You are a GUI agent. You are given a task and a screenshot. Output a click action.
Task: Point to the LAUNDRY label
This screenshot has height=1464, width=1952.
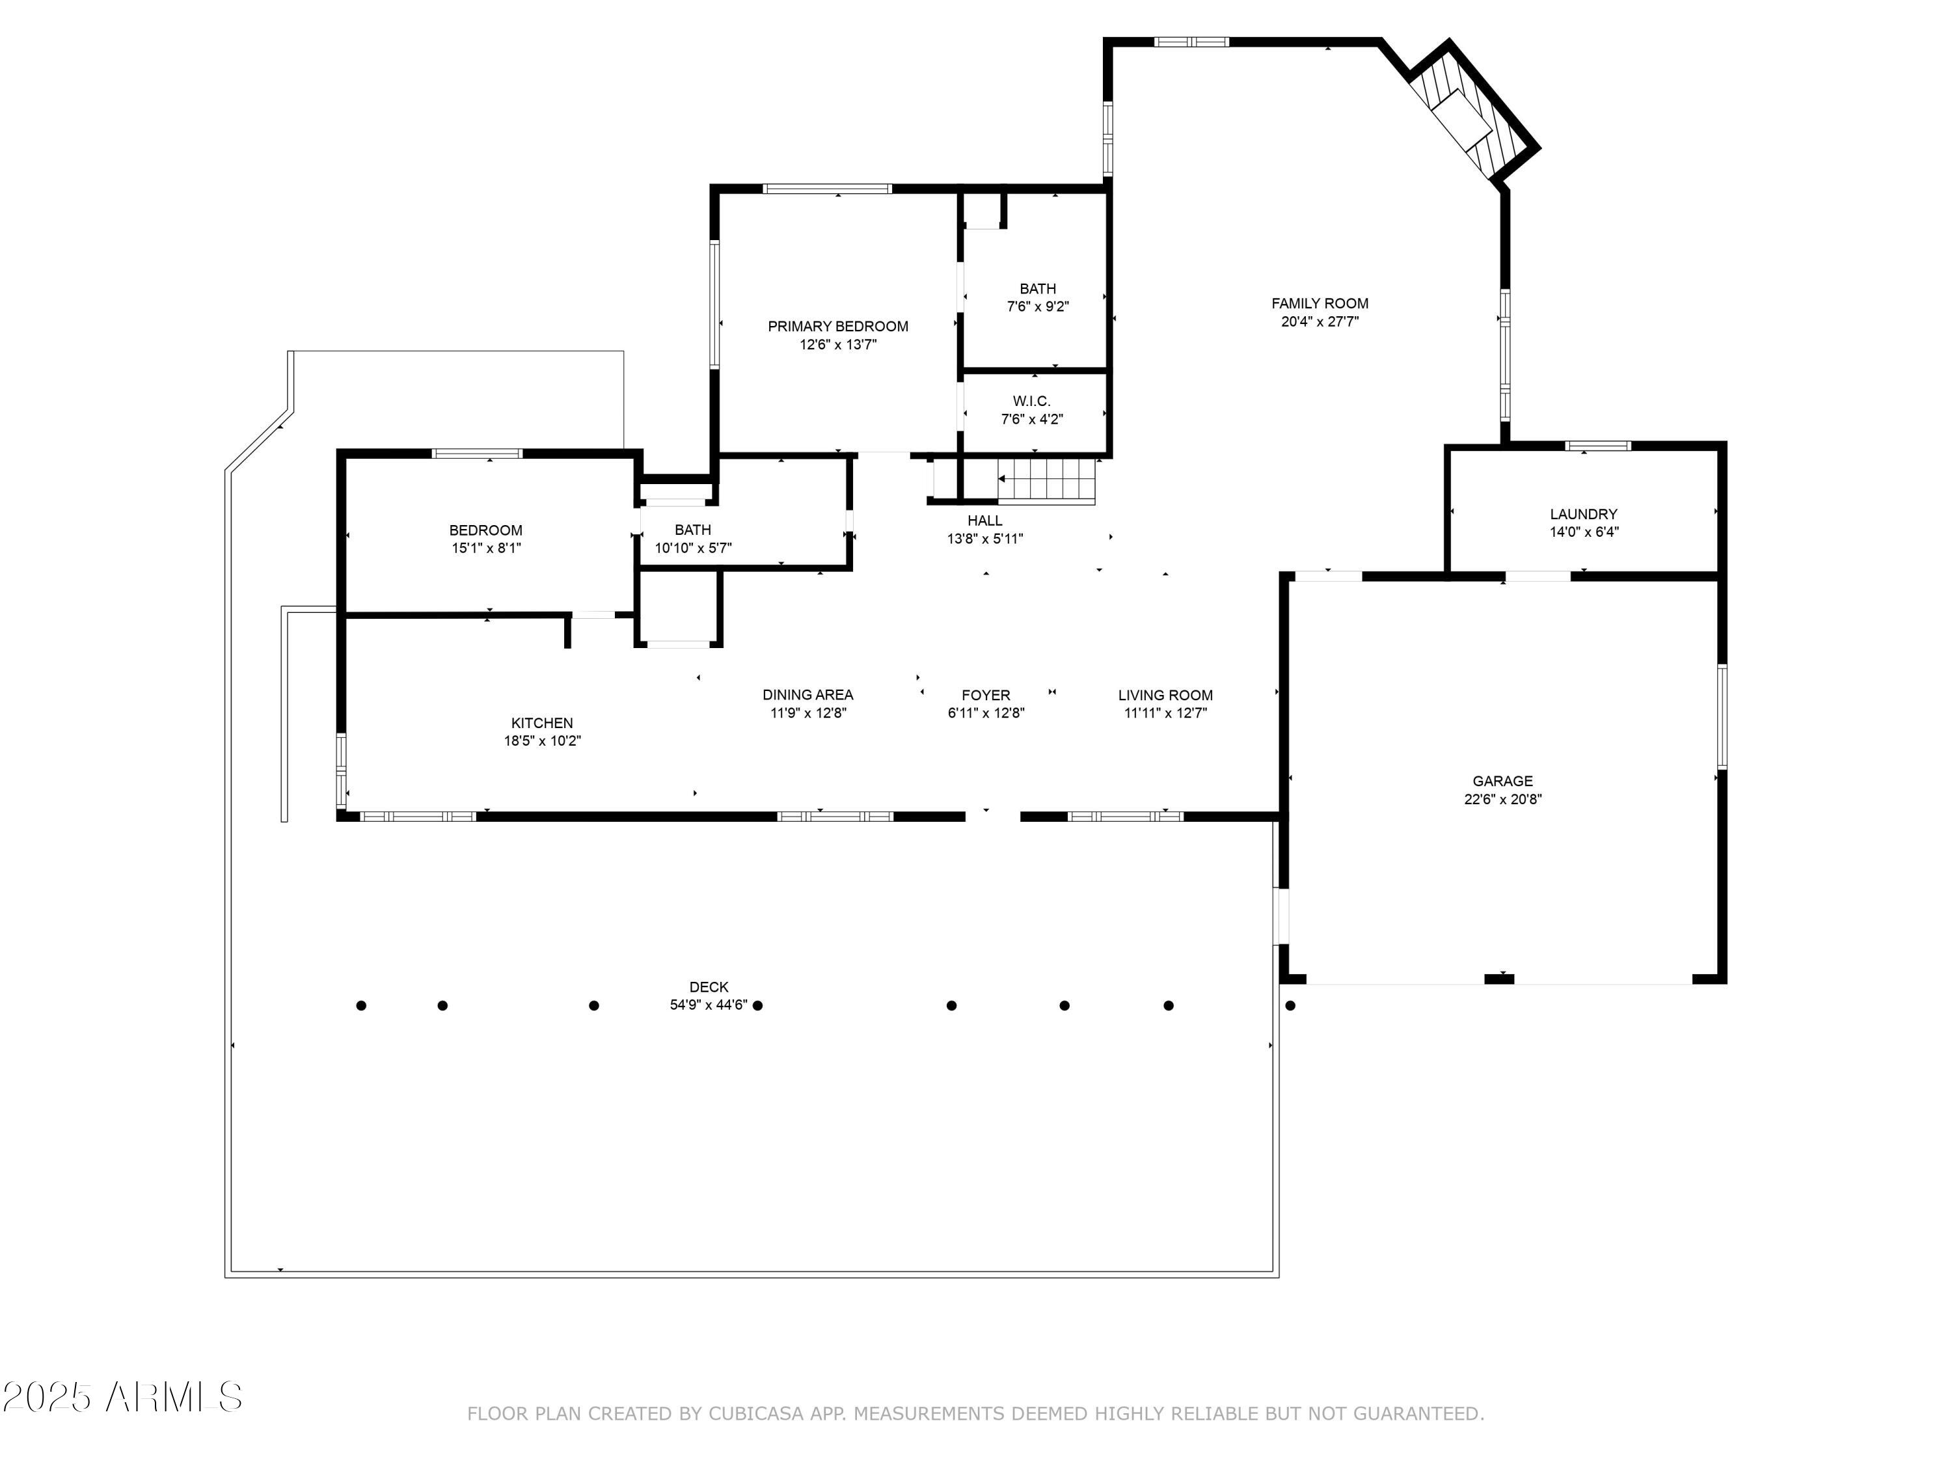[1583, 513]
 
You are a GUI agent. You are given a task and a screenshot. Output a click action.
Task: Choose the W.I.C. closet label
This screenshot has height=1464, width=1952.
[1031, 401]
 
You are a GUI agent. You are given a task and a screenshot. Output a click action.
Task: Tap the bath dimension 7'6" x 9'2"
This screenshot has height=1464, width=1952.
[1038, 307]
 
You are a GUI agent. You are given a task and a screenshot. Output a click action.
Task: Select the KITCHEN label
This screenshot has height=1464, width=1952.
[542, 723]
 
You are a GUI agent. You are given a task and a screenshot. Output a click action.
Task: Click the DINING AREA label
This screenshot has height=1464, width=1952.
[807, 694]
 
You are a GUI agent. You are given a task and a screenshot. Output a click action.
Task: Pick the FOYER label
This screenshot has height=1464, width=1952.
[986, 694]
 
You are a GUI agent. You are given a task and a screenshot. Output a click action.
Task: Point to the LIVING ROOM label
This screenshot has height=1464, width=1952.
[1165, 694]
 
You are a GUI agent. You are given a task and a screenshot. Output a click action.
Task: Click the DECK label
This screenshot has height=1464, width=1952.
[709, 986]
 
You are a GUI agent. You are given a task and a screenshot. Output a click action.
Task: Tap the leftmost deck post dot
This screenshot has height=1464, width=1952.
[361, 1005]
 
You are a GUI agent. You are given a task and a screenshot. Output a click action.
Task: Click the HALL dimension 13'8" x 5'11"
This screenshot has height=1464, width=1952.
[985, 538]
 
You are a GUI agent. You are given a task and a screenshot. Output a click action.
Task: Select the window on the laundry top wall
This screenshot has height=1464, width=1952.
[1597, 446]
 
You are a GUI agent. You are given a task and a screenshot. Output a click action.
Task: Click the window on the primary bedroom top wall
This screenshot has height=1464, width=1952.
[827, 188]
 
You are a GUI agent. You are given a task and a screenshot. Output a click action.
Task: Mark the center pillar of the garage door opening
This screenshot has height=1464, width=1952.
[1498, 978]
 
